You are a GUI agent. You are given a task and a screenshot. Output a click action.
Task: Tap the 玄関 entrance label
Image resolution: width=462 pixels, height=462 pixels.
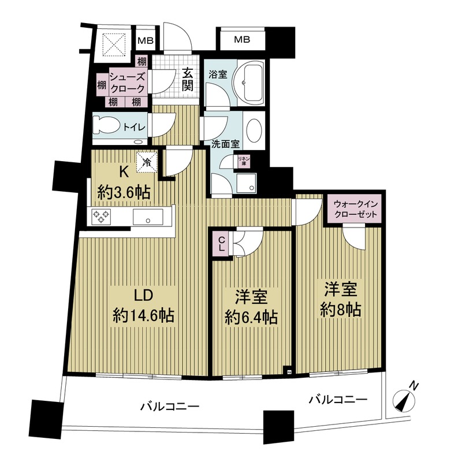pyautogui.click(x=188, y=79)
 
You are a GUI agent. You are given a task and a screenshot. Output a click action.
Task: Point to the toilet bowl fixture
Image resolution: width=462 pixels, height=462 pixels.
pyautogui.click(x=106, y=125)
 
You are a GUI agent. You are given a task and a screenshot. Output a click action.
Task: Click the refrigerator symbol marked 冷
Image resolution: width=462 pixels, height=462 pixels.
pyautogui.click(x=147, y=162)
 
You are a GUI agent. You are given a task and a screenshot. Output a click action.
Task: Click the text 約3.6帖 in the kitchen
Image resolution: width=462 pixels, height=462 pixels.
pyautogui.click(x=124, y=193)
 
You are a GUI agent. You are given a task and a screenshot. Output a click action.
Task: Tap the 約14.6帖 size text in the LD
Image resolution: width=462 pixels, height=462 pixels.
pyautogui.click(x=143, y=315)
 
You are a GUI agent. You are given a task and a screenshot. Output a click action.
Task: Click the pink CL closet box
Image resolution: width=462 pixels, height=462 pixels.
pyautogui.click(x=221, y=243)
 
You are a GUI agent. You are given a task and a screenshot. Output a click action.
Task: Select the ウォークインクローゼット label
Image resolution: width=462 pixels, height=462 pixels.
pyautogui.click(x=355, y=209)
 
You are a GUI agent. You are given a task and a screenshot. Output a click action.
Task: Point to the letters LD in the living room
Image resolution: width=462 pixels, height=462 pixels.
pyautogui.click(x=143, y=295)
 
